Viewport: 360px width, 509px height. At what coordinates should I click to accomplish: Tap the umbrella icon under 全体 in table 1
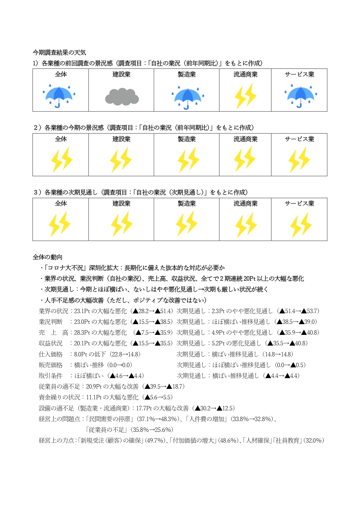[x=59, y=95]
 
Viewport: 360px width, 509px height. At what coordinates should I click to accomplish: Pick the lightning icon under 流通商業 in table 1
[x=246, y=96]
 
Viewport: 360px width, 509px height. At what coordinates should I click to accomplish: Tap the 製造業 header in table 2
[x=187, y=139]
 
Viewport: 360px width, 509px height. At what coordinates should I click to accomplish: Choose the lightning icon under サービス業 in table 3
[x=301, y=225]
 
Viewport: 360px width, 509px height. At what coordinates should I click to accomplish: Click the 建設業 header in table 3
[x=121, y=203]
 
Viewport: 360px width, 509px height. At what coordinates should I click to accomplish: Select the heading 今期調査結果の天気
[x=59, y=53]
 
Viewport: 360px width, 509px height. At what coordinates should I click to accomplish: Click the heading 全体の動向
[x=47, y=257]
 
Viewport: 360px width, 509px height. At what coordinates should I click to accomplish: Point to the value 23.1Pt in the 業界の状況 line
[x=82, y=311]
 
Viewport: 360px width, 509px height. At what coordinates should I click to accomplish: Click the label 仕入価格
[x=51, y=354]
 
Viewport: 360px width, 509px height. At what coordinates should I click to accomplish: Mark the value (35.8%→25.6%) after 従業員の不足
[x=152, y=430]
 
